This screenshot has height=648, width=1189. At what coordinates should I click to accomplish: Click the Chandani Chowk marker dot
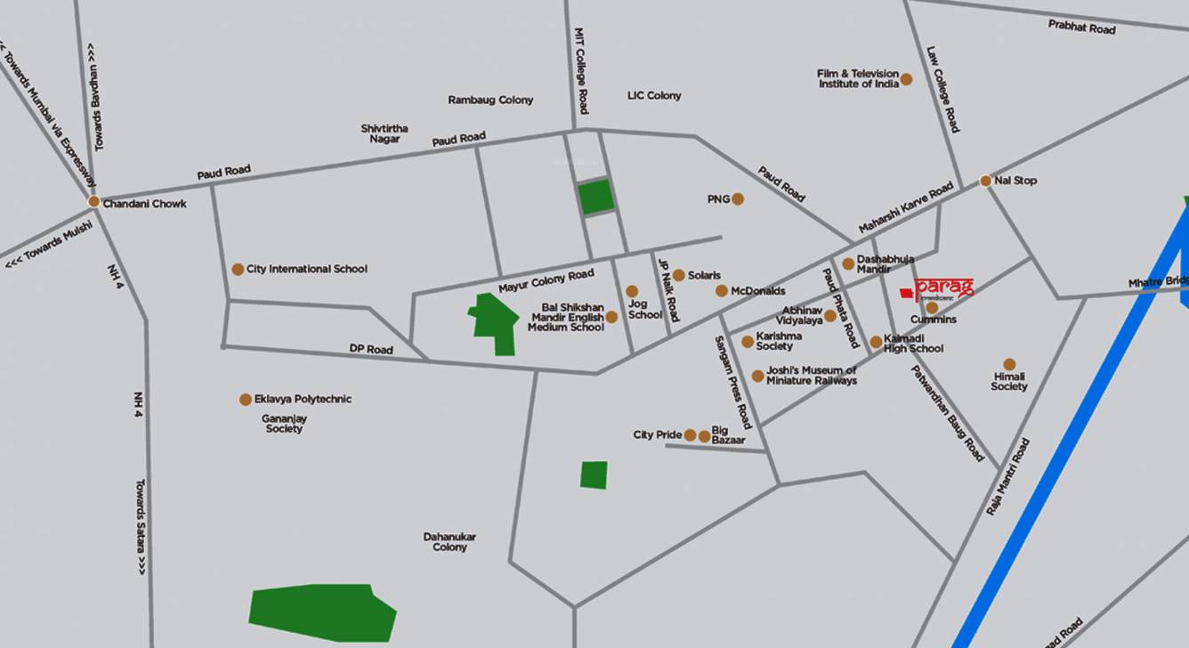(x=93, y=202)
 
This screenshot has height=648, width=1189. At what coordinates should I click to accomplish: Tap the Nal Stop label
(x=1015, y=181)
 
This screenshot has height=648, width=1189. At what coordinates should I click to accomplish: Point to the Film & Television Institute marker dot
(x=906, y=79)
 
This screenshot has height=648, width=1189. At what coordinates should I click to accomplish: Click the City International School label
(x=306, y=269)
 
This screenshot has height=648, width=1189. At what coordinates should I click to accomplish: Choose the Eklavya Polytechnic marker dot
(x=246, y=400)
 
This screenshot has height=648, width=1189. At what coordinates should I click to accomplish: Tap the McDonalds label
(x=757, y=291)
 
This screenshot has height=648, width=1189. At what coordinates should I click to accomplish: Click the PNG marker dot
(x=738, y=199)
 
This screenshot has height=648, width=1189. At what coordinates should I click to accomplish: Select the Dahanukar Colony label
(x=449, y=542)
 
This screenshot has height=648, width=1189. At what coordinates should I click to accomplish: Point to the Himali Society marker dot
(x=1009, y=364)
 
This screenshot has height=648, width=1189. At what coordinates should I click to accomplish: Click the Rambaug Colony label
(x=490, y=100)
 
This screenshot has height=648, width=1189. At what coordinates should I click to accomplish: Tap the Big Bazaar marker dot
(x=705, y=436)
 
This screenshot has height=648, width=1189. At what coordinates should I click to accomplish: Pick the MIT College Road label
(x=581, y=70)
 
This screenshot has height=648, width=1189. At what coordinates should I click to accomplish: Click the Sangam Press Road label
(x=733, y=382)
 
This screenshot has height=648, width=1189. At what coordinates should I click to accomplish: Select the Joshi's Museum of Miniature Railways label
(x=811, y=376)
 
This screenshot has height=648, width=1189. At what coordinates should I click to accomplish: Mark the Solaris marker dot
(x=679, y=275)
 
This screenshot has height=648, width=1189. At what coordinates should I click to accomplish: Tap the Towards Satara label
(x=140, y=527)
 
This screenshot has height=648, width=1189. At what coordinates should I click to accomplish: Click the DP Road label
(x=371, y=349)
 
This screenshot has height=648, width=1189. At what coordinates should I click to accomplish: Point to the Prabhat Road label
(x=1081, y=28)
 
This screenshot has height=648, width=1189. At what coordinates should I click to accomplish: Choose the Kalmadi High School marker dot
(x=876, y=342)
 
